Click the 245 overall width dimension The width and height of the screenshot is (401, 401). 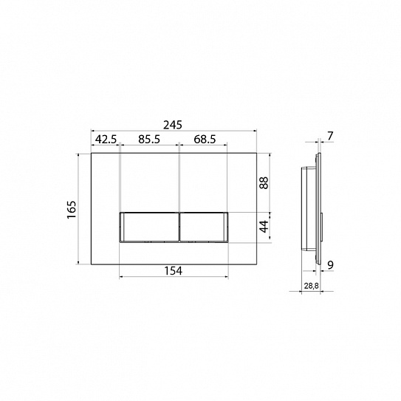click(173, 125)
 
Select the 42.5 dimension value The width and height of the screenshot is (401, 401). click(106, 140)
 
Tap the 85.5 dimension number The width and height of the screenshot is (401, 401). click(149, 140)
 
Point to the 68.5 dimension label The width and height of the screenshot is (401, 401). click(205, 140)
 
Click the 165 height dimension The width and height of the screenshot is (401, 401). click(72, 210)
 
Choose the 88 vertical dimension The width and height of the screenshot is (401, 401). click(264, 182)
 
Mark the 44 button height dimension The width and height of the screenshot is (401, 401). click(264, 226)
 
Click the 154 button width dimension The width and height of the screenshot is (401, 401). click(173, 271)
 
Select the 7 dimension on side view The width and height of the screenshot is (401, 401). click(330, 136)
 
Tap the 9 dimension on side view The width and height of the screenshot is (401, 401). click(330, 265)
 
